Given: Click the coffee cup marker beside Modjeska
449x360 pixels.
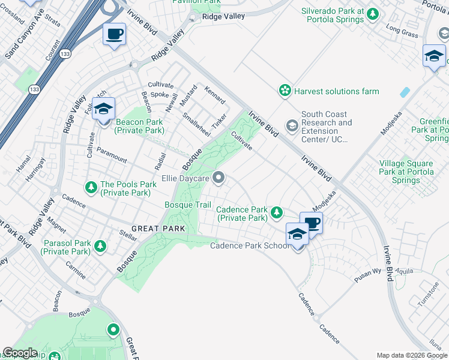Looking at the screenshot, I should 311,223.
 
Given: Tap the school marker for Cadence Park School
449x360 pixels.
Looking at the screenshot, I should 297,234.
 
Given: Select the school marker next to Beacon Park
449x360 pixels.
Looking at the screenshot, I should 103,110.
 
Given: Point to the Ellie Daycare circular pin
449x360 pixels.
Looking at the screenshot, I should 219,178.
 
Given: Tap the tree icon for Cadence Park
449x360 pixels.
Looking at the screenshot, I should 277,212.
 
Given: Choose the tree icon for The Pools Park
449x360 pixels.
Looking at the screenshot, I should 91,188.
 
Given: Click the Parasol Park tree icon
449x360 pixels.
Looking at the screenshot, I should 100,246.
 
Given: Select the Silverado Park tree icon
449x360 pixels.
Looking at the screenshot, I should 372,14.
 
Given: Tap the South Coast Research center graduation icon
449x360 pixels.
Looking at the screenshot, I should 292,125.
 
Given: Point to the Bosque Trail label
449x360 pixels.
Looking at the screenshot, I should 188,205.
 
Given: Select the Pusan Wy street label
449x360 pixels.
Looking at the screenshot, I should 368,272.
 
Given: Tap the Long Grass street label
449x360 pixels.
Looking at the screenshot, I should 402,31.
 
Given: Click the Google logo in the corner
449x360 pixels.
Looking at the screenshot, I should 20,353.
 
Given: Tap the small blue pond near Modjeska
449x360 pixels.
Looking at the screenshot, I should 405,93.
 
